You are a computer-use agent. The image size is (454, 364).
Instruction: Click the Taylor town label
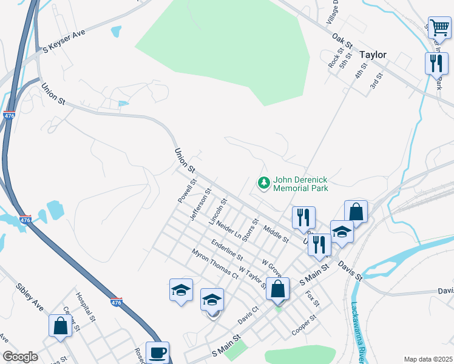(x=373, y=55)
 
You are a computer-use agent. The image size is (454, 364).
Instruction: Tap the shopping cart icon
(x=439, y=27)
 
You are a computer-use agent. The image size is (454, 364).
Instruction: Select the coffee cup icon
(x=157, y=352)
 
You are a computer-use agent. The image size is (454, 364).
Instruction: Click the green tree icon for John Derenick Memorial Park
(x=264, y=183)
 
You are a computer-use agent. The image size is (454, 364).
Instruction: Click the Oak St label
(x=342, y=41)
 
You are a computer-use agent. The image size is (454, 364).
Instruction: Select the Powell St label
(x=187, y=190)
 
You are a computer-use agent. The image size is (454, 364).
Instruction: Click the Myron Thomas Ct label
(x=215, y=264)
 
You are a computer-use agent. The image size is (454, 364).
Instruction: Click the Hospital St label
(x=85, y=306)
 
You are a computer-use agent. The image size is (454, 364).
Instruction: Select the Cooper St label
(x=304, y=324)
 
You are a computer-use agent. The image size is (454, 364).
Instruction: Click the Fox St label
(x=313, y=298)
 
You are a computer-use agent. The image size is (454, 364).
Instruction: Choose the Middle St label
(x=276, y=234)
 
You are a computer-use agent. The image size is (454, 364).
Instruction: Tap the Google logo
(x=21, y=357)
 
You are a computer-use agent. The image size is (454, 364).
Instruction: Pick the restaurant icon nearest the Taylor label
(x=436, y=63)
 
